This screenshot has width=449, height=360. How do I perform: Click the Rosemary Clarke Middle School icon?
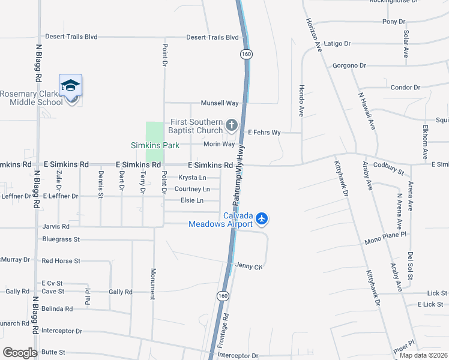70,86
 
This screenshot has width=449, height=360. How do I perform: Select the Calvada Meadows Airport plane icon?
261,219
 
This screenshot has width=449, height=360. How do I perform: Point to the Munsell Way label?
220,103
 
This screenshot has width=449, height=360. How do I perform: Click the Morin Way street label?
218,144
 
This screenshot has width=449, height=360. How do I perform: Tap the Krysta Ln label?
192,178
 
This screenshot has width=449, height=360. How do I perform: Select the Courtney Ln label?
192,189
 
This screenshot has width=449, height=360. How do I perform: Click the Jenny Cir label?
249,266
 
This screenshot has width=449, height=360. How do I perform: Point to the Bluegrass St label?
61,239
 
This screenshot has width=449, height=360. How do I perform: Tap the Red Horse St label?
61,261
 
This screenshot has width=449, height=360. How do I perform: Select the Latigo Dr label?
337,44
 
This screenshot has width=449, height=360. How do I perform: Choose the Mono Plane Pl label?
385,242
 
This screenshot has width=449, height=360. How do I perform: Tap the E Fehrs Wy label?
265,133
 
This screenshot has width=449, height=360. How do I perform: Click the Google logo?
20,353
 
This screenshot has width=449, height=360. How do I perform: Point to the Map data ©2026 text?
423,355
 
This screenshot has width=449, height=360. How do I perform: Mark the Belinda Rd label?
57,309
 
